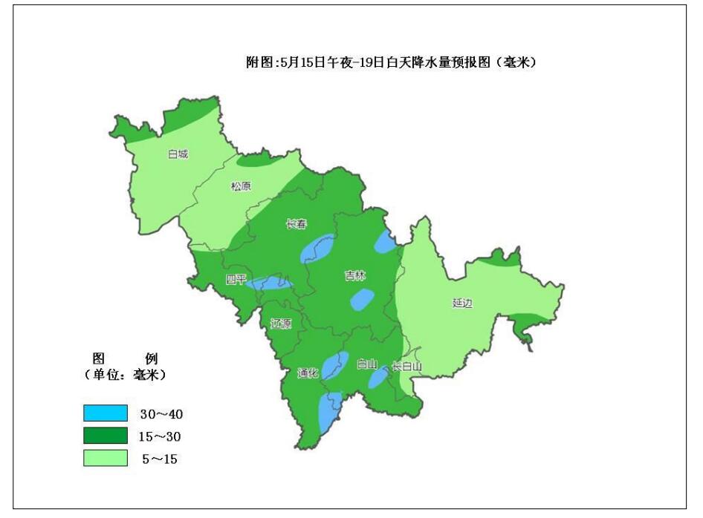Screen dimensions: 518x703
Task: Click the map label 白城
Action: tap(178, 154)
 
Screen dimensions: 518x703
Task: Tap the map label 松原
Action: tap(241, 186)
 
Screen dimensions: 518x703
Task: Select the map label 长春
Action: tap(297, 224)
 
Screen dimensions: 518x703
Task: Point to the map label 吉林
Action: tap(354, 275)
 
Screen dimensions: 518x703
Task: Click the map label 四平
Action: tap(236, 280)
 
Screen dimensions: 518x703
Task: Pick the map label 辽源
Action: tap(281, 324)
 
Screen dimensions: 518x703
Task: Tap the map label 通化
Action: tap(308, 373)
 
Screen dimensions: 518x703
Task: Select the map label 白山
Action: tap(367, 364)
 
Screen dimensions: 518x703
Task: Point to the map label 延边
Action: tap(461, 303)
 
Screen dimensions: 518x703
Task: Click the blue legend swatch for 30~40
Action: tap(105, 413)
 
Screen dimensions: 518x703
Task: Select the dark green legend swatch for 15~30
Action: tap(105, 436)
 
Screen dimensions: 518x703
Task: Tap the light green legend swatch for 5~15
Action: tap(105, 459)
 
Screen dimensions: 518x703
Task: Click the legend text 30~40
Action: tap(161, 413)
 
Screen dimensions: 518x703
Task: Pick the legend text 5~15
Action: tap(159, 459)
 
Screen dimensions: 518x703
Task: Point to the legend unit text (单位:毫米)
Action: tap(124, 375)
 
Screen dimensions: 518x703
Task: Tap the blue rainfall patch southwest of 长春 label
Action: tap(319, 249)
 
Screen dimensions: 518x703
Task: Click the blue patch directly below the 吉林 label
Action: tap(361, 299)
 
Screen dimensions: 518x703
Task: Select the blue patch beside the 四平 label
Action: tap(269, 283)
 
